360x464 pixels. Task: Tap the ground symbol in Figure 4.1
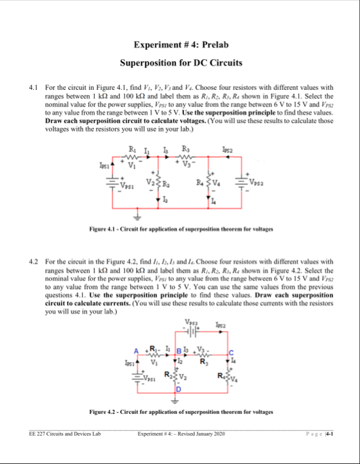coord(137,218)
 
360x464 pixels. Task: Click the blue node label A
coord(136,351)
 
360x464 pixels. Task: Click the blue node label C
coord(231,352)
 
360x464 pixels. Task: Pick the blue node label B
coord(179,351)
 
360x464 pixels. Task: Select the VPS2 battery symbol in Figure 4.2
coord(192,331)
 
